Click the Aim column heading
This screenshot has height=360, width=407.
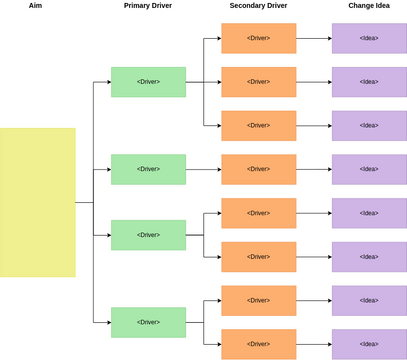point(35,6)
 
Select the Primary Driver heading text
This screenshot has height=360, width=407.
point(148,6)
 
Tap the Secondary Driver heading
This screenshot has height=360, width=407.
point(258,6)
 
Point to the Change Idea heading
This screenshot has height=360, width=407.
point(369,6)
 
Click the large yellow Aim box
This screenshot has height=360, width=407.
point(37,202)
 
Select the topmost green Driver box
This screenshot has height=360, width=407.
point(148,82)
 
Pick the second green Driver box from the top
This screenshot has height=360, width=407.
point(148,169)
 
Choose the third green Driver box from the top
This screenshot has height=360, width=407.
point(148,235)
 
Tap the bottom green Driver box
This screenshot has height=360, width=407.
point(148,322)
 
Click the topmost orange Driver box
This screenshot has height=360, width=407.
point(258,38)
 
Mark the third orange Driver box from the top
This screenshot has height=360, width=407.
point(258,126)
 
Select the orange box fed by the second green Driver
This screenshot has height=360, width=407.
point(258,169)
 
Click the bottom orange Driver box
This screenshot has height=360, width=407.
point(258,343)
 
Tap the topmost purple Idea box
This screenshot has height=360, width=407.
point(369,38)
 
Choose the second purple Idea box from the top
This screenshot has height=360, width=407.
point(369,82)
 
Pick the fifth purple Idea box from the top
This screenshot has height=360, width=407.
point(369,213)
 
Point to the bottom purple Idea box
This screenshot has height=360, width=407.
point(369,343)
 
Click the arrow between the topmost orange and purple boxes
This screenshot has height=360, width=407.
point(314,38)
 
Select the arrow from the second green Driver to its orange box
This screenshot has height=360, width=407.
point(203,169)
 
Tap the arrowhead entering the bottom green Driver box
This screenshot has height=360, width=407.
point(107,322)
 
